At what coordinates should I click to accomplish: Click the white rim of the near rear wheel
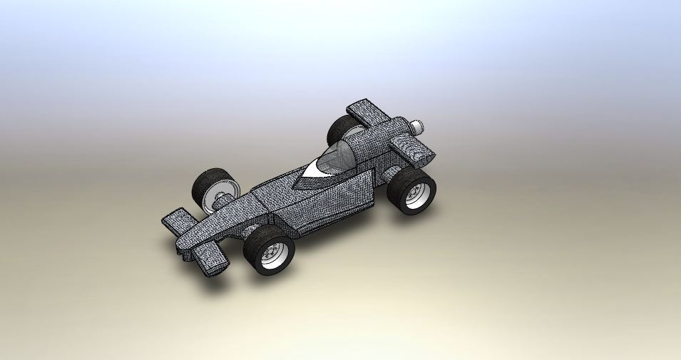tap(420, 194)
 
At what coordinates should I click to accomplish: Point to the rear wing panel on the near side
tap(414, 151)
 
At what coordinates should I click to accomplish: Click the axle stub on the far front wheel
tap(222, 202)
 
